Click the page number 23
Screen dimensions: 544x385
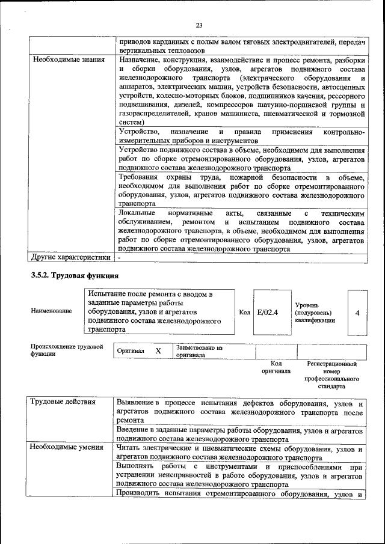click(x=199, y=25)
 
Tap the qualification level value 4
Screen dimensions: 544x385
click(x=357, y=313)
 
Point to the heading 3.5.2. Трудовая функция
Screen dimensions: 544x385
click(x=75, y=275)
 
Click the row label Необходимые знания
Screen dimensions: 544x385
click(x=69, y=61)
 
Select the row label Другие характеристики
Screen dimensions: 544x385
click(x=71, y=258)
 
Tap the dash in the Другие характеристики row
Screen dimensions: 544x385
click(x=120, y=258)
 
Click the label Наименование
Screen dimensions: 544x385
click(x=51, y=311)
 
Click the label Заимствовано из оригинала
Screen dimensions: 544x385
click(x=199, y=351)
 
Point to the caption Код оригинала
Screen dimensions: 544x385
click(x=276, y=367)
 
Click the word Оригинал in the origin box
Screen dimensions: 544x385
click(x=131, y=351)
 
